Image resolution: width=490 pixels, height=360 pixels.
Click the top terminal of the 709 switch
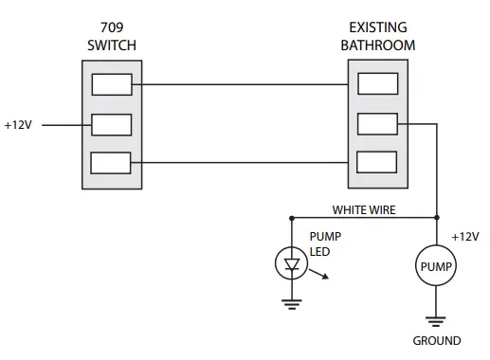pyautogui.click(x=111, y=85)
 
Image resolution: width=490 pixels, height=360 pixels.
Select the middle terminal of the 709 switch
pyautogui.click(x=111, y=124)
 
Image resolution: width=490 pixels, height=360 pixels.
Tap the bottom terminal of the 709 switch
pyautogui.click(x=111, y=162)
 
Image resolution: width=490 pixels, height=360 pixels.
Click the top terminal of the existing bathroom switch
pyautogui.click(x=376, y=85)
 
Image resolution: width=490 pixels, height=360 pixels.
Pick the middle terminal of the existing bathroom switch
pyautogui.click(x=376, y=124)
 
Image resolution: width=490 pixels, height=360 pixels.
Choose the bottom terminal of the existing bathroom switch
pyautogui.click(x=376, y=162)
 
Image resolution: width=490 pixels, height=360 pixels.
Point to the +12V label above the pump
pyautogui.click(x=464, y=236)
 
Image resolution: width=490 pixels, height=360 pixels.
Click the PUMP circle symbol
pyautogui.click(x=436, y=267)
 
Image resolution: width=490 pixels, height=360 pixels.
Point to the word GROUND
pyautogui.click(x=436, y=341)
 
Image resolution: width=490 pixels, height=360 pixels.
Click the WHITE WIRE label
pyautogui.click(x=364, y=208)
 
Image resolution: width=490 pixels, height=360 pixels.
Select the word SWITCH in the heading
pyautogui.click(x=112, y=45)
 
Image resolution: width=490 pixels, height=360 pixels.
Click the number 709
pyautogui.click(x=112, y=27)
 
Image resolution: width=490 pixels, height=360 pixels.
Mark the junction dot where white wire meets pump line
pyautogui.click(x=436, y=217)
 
